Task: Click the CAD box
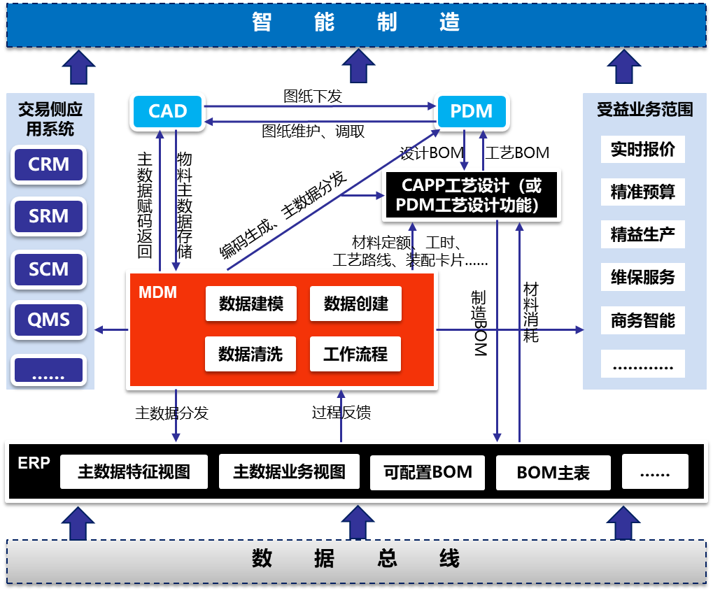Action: [x=168, y=111]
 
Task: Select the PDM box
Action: [x=471, y=111]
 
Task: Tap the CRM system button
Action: [x=49, y=164]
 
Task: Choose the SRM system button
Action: [x=49, y=217]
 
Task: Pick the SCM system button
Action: [x=49, y=269]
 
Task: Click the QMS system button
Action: [x=49, y=320]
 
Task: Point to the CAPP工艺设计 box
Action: [x=471, y=195]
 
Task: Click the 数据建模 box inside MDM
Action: [x=250, y=304]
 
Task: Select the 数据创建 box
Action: [x=355, y=304]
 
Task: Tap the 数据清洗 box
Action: [x=250, y=354]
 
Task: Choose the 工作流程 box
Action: [x=355, y=354]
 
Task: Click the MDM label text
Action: [x=157, y=292]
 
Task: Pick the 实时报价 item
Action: [x=642, y=150]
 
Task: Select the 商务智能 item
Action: [x=642, y=320]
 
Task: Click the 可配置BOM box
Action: [x=428, y=472]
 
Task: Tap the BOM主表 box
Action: [x=553, y=473]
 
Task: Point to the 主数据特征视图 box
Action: [x=134, y=472]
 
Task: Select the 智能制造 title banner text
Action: [x=355, y=22]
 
